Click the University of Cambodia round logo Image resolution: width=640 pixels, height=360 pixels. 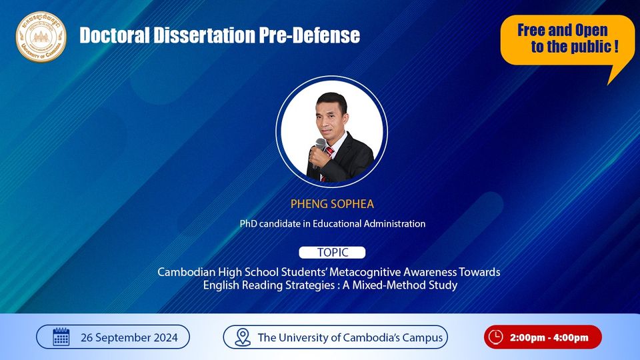(x=41, y=37)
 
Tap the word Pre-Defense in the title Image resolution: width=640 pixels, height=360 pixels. (x=309, y=35)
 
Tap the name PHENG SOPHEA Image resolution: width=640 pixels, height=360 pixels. (x=332, y=204)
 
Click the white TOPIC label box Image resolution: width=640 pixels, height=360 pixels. (x=332, y=253)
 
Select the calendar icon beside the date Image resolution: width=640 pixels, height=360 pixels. (x=61, y=337)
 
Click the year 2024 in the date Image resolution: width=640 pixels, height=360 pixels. (x=166, y=338)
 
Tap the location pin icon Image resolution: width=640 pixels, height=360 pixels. (x=243, y=337)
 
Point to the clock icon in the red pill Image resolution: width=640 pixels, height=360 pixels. (x=495, y=337)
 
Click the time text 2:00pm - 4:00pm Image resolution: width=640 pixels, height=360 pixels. (x=549, y=337)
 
